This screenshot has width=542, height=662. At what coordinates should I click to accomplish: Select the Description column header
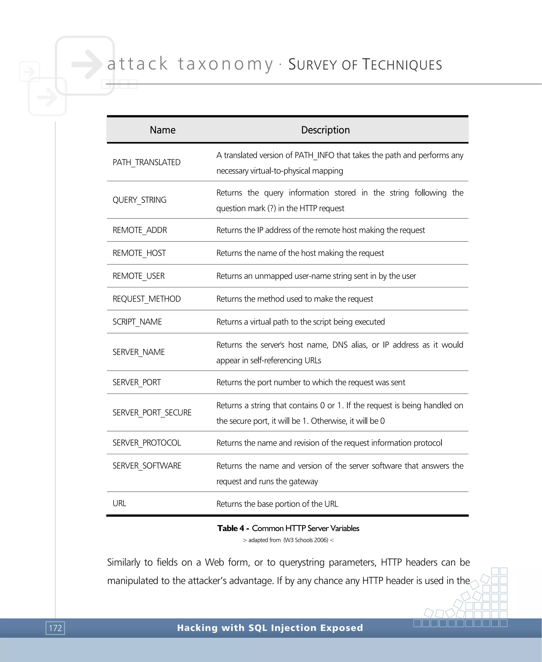[325, 130]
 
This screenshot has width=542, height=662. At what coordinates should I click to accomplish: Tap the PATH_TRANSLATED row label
[146, 162]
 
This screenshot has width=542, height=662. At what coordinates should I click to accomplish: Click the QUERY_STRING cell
[139, 200]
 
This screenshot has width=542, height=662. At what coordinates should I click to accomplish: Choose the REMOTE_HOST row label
[139, 253]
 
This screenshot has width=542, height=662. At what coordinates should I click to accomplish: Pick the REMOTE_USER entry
[139, 276]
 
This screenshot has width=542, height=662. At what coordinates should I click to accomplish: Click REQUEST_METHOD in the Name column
[146, 299]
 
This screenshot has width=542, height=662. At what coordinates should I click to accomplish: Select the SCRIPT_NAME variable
[137, 322]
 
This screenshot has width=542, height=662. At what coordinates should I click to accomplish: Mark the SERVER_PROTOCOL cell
[146, 443]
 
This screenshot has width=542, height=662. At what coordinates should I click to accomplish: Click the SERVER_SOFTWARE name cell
[147, 466]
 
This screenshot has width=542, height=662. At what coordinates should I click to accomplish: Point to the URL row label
[119, 503]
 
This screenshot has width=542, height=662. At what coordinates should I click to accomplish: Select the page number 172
[55, 628]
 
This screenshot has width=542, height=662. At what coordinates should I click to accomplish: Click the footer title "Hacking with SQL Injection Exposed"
[270, 628]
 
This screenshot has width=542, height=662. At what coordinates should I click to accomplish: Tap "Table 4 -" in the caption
[233, 528]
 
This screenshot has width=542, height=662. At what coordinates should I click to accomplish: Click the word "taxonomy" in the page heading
[225, 64]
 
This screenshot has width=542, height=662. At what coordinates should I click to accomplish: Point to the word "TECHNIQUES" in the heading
[402, 65]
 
